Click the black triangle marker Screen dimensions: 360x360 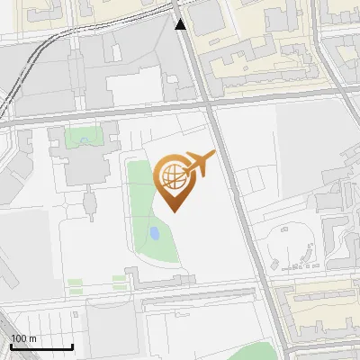pos(181,24)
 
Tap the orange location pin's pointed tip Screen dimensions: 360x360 pos(175,211)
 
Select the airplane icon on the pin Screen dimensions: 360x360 pos(199,164)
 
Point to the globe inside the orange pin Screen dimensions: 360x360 pos(174,177)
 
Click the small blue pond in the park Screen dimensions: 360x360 pos(154,235)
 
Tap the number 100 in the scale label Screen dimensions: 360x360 pos(19,338)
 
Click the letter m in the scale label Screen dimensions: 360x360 pos(33,338)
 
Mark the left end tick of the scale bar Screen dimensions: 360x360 pos(11,346)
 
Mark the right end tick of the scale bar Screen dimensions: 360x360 pos(73,346)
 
